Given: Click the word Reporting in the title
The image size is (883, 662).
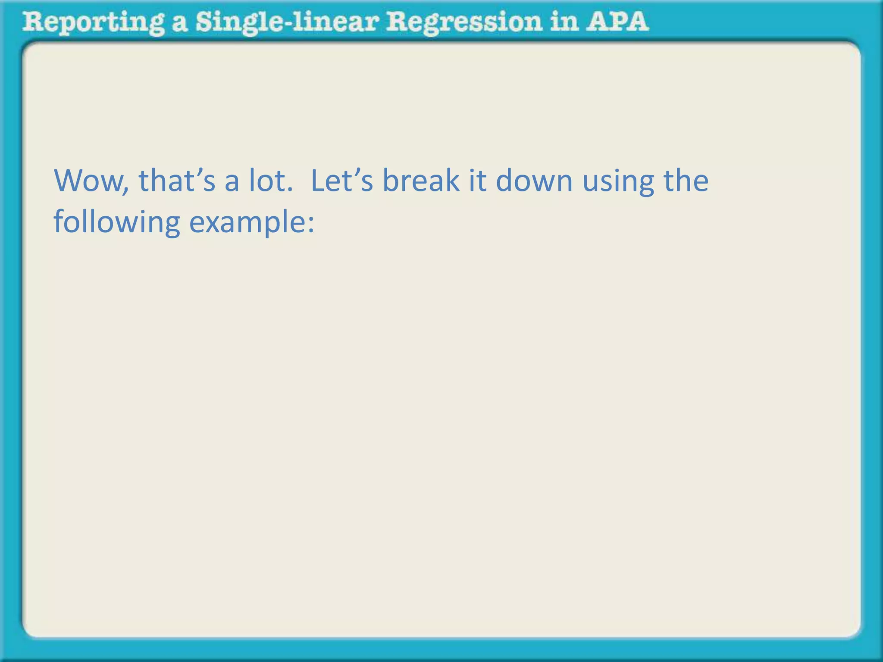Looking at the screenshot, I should [x=93, y=22].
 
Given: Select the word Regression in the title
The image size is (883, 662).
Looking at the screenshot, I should [x=463, y=22].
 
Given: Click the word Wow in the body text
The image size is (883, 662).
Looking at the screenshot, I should [x=88, y=181].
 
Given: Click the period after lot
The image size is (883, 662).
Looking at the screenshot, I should [x=289, y=190].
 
